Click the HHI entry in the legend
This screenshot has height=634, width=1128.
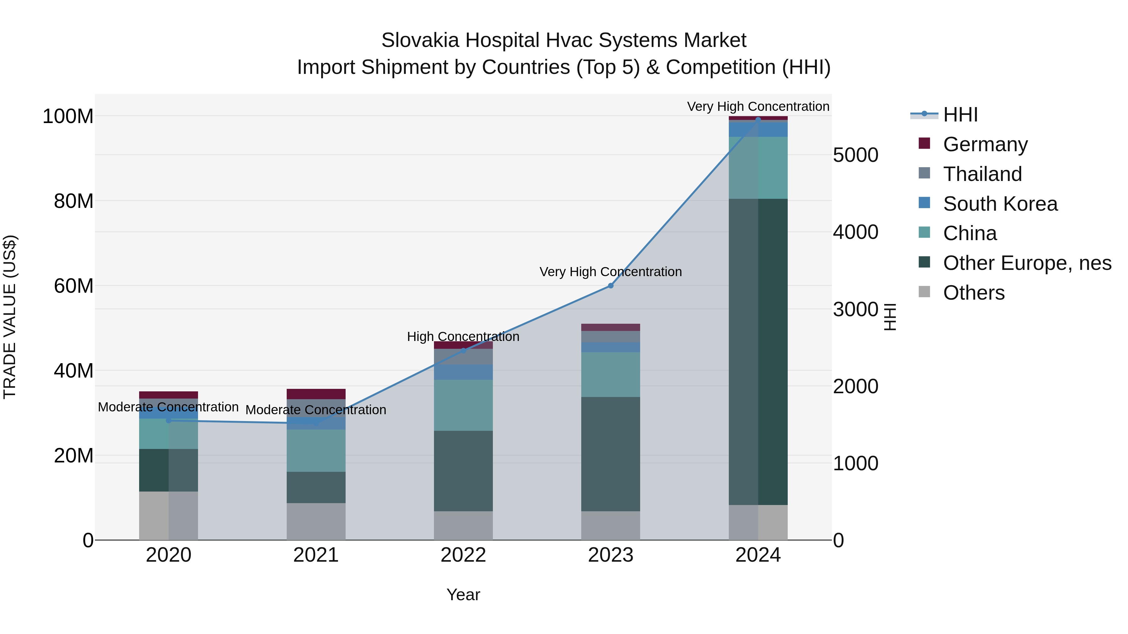960,115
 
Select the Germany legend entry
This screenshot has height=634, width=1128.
985,144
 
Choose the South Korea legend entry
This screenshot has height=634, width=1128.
1000,204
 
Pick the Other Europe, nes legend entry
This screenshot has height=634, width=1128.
1027,263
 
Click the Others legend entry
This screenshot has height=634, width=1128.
974,293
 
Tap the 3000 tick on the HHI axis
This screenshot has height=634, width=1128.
855,309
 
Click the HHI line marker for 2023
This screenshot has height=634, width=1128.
610,286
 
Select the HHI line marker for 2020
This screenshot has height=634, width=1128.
169,420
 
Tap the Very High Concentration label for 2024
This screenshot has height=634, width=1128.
758,106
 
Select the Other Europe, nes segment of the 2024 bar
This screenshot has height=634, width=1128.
758,350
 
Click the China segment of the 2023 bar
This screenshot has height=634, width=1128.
610,374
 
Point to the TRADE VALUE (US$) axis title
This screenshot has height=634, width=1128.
10,317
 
